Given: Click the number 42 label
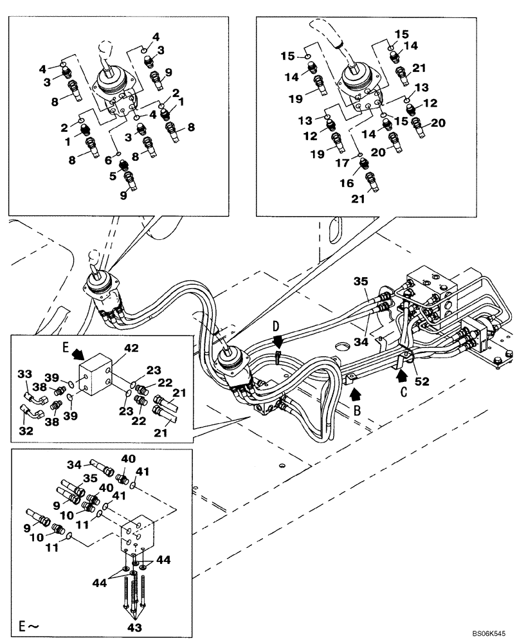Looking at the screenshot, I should (x=131, y=349).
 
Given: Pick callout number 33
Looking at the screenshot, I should (x=24, y=374).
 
